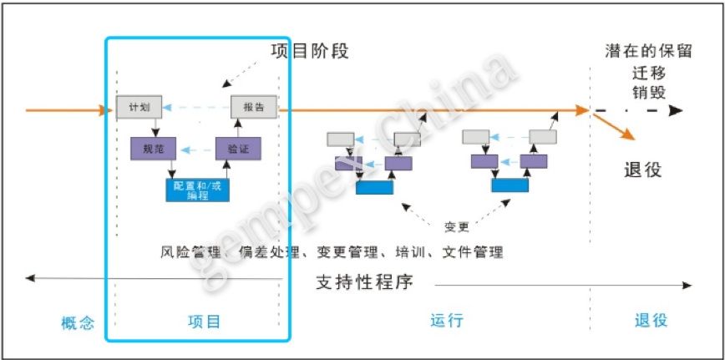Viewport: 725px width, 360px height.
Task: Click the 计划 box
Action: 136,108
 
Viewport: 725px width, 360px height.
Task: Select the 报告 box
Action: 253,108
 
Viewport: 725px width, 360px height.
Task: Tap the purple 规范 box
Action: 154,149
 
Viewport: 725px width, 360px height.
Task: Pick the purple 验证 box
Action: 238,149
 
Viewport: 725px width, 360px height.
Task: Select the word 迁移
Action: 649,71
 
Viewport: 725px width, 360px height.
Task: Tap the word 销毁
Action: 649,91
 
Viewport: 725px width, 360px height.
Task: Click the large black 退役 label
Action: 643,170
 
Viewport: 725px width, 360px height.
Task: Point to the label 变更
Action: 457,226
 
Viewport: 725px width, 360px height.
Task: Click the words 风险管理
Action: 187,251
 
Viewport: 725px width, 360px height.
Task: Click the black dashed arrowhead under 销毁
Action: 676,110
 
